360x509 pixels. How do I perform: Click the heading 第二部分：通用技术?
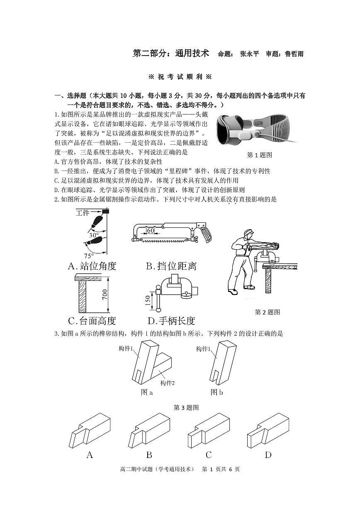[x=170, y=54]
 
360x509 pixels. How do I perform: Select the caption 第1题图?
[x=259, y=155]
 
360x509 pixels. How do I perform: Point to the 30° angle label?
[x=93, y=234]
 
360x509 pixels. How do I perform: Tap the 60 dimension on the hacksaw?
[x=150, y=230]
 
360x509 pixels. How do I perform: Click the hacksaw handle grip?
[x=205, y=234]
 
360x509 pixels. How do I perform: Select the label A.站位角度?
[x=92, y=266]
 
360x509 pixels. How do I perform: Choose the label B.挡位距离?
[x=171, y=266]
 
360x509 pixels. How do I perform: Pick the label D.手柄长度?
[x=171, y=321]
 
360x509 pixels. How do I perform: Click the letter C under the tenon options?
[x=209, y=455]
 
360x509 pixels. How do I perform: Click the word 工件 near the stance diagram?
[x=83, y=212]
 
